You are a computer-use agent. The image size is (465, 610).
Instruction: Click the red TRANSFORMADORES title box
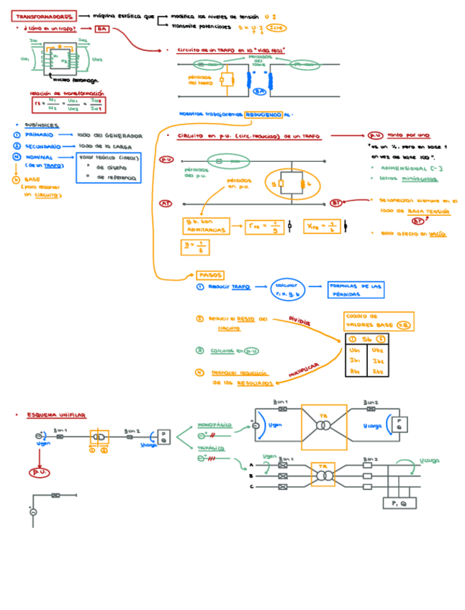[44, 16]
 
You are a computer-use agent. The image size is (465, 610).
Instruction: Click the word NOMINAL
[39, 157]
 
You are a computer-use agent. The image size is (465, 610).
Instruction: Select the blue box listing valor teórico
[109, 167]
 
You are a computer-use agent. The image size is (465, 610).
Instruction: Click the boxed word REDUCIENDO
[263, 114]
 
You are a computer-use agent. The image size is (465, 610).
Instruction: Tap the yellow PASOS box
[210, 275]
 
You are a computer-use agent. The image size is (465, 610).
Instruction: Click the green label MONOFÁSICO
[214, 425]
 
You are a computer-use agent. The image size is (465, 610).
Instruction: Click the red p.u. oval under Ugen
[38, 472]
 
